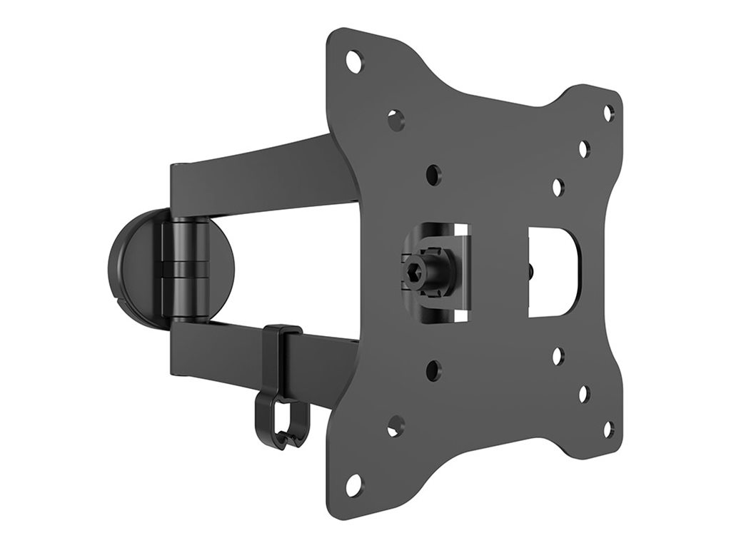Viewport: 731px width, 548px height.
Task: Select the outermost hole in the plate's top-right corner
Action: [608, 112]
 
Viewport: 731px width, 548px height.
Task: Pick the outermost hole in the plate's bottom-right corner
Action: [608, 430]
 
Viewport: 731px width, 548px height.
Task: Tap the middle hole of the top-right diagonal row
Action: [583, 149]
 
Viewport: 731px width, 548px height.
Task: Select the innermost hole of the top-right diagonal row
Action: [558, 186]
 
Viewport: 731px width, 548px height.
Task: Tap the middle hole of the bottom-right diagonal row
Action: [583, 393]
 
